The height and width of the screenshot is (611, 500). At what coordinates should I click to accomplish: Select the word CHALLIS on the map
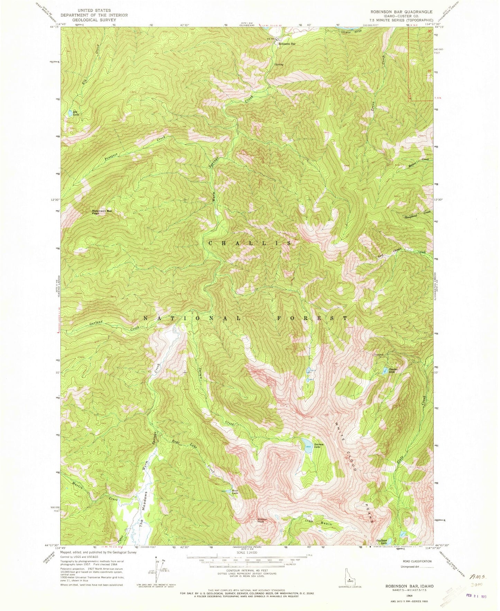251,243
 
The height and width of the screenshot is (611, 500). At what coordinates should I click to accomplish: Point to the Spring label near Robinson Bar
279,64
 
